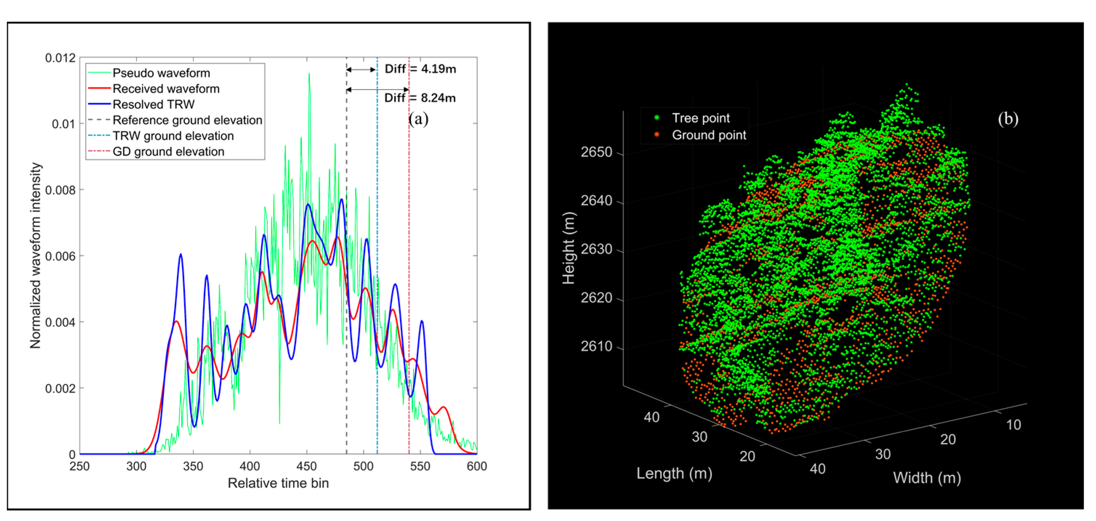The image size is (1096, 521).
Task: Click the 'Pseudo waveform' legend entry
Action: (x=161, y=73)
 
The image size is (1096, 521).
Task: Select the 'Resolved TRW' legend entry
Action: (x=153, y=105)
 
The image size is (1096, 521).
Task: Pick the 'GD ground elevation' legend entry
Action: (x=168, y=152)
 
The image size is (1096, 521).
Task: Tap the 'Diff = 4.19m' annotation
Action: (x=420, y=69)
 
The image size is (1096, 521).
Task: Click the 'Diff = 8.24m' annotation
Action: (x=420, y=98)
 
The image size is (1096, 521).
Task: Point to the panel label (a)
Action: (x=418, y=119)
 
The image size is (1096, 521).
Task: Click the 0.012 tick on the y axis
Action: (x=60, y=58)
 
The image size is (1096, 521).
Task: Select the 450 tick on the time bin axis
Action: (x=306, y=467)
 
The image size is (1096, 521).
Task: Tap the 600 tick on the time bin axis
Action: (x=477, y=467)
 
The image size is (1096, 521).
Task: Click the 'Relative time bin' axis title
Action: (x=278, y=484)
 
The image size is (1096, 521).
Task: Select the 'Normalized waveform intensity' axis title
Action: (x=36, y=255)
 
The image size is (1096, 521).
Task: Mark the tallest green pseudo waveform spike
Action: (x=309, y=74)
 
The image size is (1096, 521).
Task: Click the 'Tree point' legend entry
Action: (x=700, y=118)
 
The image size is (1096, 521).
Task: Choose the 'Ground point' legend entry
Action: (x=708, y=135)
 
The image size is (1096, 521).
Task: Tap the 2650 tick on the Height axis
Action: (x=596, y=152)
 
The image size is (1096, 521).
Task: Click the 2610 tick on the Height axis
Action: (x=596, y=347)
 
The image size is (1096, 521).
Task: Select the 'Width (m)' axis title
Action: (x=927, y=478)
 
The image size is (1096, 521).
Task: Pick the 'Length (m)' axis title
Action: (x=674, y=473)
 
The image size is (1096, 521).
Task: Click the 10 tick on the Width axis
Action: (x=1013, y=425)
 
